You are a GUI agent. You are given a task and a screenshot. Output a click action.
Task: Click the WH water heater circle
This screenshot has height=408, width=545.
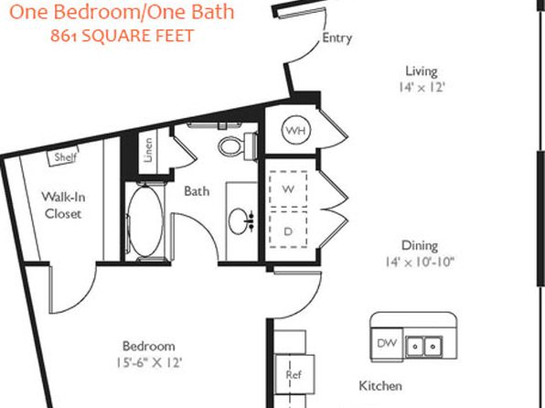coord(295,130)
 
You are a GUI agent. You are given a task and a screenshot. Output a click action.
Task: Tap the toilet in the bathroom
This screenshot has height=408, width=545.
coord(238,145)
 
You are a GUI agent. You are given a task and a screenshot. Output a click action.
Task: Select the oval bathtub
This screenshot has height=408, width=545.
coord(145,221)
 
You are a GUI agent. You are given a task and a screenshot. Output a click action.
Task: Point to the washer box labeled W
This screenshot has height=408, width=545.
coord(288,188)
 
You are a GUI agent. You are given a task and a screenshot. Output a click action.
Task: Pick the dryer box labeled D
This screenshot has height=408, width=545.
coord(288,230)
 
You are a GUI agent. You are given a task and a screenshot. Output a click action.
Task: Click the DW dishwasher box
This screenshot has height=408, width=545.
coord(387,344)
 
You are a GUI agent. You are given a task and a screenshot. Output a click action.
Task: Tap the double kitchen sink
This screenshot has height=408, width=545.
coord(424,347)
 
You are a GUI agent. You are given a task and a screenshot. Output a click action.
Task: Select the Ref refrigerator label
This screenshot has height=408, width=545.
coord(294,374)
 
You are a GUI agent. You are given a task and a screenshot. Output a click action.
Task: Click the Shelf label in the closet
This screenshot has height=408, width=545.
coord(65,156)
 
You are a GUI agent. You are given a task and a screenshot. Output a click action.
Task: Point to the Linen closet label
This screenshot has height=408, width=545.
coord(148,150)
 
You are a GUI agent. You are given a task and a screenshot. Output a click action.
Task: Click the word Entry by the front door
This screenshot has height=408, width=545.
coord(337,38)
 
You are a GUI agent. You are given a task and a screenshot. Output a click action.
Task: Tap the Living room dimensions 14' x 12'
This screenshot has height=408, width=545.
coord(422,87)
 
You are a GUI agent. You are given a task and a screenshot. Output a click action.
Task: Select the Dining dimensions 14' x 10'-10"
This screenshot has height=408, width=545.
coord(420,262)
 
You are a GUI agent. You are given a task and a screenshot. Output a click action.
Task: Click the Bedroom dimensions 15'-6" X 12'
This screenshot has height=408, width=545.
coord(149,363)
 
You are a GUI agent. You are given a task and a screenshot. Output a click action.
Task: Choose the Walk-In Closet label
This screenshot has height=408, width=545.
coord(63,205)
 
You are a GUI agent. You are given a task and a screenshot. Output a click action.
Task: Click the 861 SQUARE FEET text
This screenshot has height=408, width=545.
coord(122,36)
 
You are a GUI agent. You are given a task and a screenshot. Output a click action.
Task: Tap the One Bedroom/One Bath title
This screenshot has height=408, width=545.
coord(122,12)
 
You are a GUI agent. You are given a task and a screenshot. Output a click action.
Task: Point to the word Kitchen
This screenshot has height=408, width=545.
coord(380,386)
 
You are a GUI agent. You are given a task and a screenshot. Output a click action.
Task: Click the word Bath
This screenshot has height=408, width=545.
coord(197,191)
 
